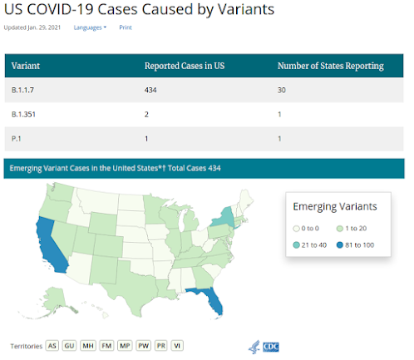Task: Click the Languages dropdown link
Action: click(x=90, y=27)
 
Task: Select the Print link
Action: click(x=126, y=27)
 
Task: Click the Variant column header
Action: click(x=26, y=65)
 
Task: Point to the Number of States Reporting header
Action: click(x=330, y=65)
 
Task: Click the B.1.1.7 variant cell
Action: click(x=23, y=89)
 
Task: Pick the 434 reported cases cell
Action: click(x=151, y=89)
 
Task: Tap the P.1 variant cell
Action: click(x=17, y=138)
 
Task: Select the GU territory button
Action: click(x=69, y=345)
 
